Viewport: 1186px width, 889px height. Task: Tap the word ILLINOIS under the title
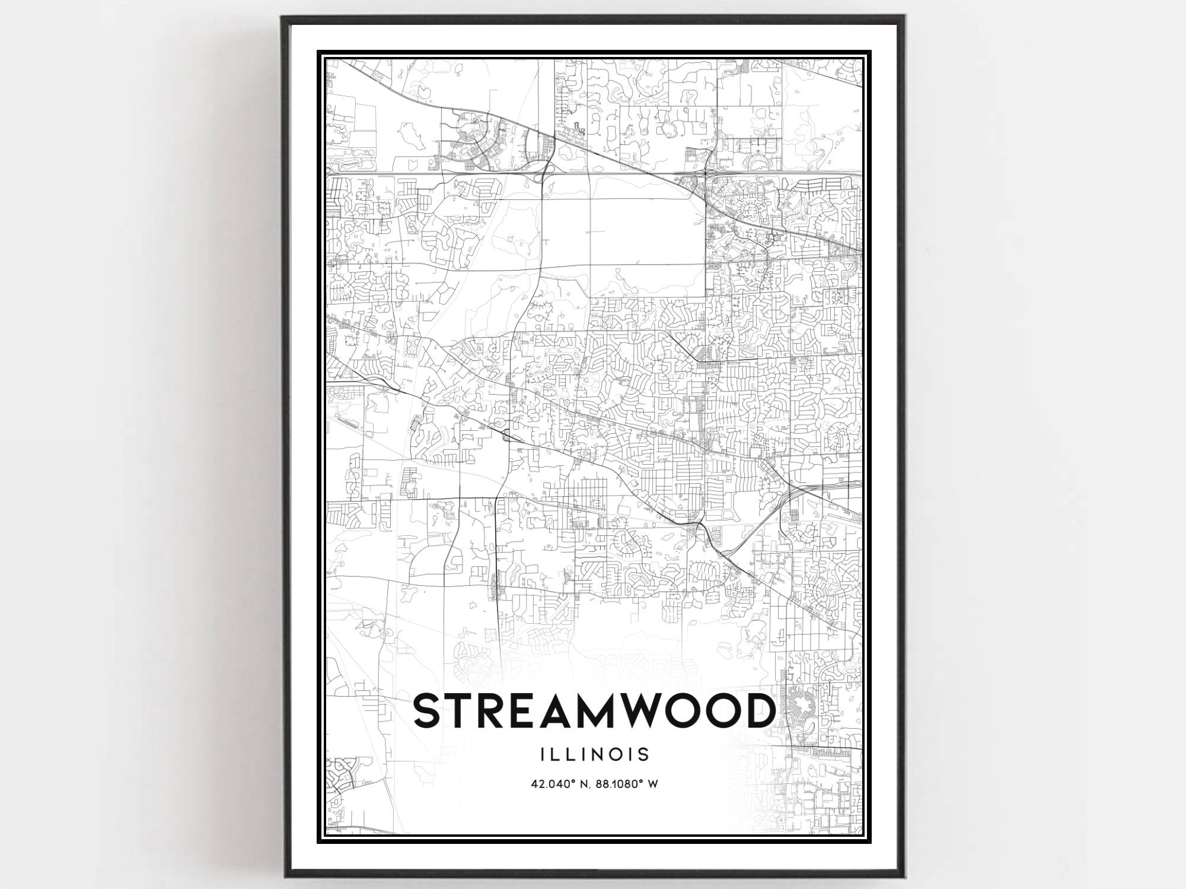point(594,754)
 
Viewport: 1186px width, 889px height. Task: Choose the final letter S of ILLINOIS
point(644,754)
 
